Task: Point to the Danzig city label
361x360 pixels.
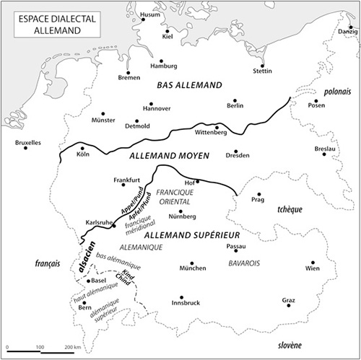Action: pyautogui.click(x=347, y=32)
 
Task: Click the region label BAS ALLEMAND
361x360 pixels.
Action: pyautogui.click(x=188, y=85)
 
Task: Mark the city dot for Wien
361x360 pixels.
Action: pyautogui.click(x=312, y=263)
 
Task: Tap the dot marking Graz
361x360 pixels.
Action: pyautogui.click(x=289, y=305)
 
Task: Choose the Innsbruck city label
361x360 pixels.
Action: pyautogui.click(x=183, y=303)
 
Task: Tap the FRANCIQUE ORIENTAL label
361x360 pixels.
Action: pyautogui.click(x=175, y=197)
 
